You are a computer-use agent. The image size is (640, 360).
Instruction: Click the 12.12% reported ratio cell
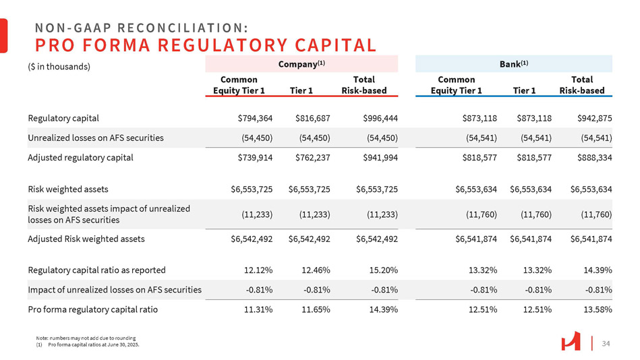pos(258,270)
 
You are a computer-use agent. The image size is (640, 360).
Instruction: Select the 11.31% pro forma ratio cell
pos(258,310)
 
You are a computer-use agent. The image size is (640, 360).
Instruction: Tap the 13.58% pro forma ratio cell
pos(597,310)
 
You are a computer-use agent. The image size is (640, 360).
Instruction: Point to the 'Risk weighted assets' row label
pos(68,189)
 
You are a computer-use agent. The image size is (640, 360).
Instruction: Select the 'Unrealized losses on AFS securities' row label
pos(96,138)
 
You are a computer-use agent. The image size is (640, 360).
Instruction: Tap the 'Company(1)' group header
pos(301,63)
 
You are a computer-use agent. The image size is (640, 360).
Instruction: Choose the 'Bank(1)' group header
pos(513,63)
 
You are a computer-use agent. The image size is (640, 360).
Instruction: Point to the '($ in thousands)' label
pos(59,67)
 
